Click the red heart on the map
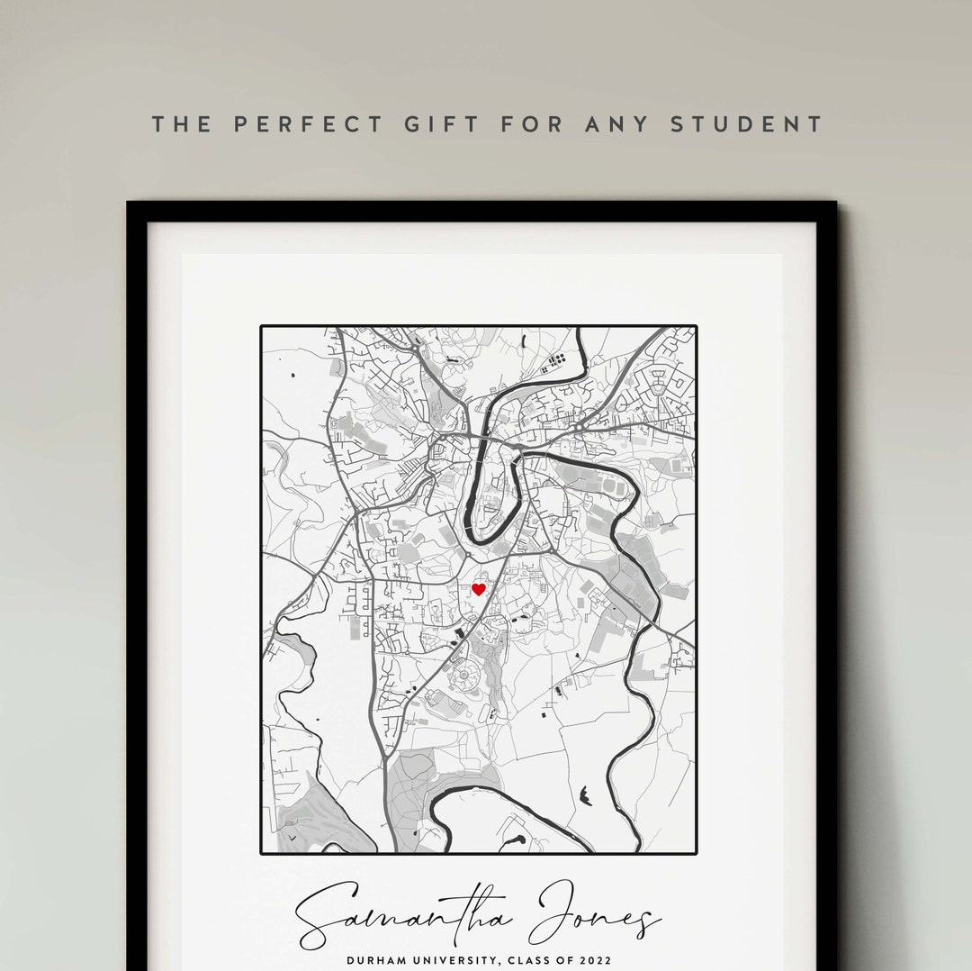[479, 589]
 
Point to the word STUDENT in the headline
[747, 124]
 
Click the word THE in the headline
[182, 124]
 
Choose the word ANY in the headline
[616, 124]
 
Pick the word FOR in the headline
[530, 124]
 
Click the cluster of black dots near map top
[553, 362]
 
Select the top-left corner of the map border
[262, 327]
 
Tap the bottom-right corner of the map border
[696, 852]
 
